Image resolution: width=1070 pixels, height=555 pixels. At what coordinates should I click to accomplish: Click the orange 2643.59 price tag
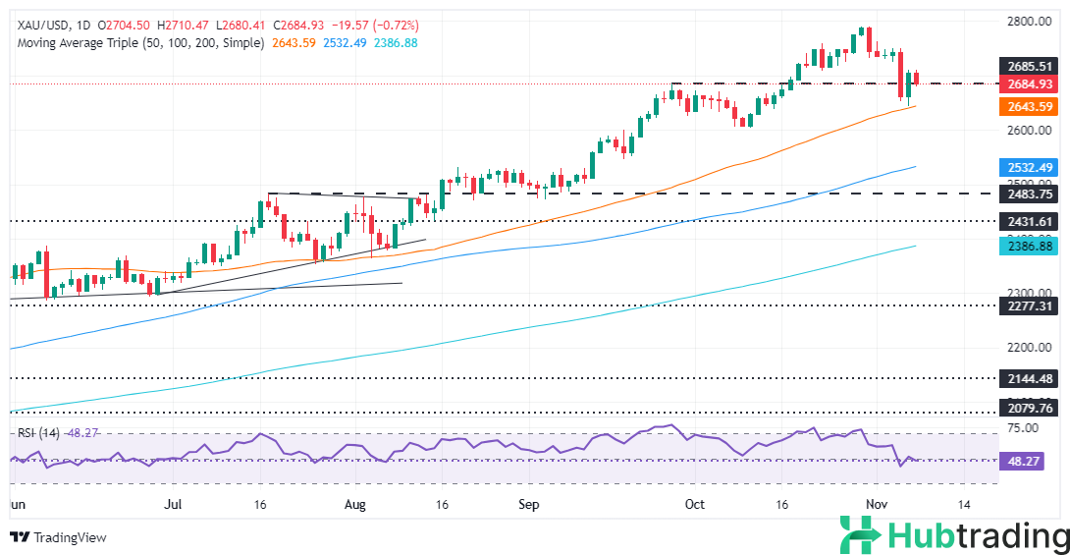click(x=1024, y=106)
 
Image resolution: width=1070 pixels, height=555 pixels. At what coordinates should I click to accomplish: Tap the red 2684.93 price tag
click(x=1024, y=84)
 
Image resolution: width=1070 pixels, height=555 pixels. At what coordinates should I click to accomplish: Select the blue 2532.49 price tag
click(x=1024, y=167)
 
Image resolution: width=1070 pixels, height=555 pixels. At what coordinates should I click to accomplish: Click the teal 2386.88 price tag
click(x=1024, y=247)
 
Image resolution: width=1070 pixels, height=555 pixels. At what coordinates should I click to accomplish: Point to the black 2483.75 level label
click(x=1024, y=194)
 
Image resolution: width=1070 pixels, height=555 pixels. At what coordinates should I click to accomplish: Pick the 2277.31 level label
click(x=1024, y=306)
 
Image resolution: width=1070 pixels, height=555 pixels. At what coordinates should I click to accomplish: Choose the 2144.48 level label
click(x=1024, y=378)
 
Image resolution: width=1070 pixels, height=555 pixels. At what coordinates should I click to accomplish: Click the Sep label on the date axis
click(x=529, y=504)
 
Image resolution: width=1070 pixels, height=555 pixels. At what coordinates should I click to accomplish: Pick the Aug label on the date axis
click(x=355, y=504)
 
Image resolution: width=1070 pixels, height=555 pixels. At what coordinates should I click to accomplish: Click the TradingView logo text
click(x=69, y=537)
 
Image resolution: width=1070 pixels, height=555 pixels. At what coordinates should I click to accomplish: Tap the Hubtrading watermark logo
click(x=953, y=536)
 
